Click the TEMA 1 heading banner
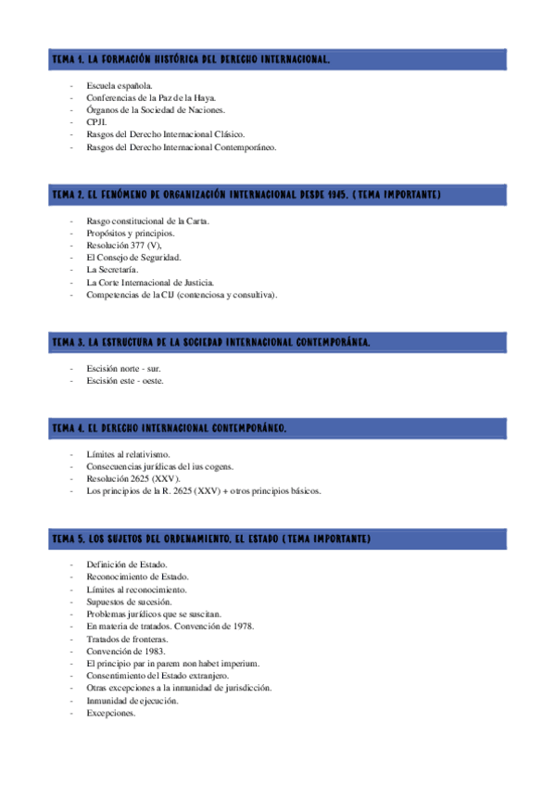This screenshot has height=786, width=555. pyautogui.click(x=277, y=60)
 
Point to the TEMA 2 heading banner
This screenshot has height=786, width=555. pyautogui.click(x=277, y=195)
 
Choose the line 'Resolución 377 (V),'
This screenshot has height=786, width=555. pyautogui.click(x=123, y=246)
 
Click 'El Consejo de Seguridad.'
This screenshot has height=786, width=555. pyautogui.click(x=133, y=258)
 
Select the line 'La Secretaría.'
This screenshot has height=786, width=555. pyautogui.click(x=112, y=270)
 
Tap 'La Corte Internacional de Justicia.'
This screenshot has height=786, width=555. pyautogui.click(x=151, y=282)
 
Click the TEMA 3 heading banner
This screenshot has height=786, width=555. pyautogui.click(x=277, y=342)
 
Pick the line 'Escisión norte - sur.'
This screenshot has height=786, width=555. pyautogui.click(x=123, y=369)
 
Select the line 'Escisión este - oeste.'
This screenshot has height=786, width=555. pyautogui.click(x=125, y=381)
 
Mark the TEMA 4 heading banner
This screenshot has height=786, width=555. pyautogui.click(x=277, y=428)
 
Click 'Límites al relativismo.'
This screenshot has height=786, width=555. pyautogui.click(x=128, y=455)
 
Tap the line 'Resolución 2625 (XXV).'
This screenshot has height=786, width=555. pyautogui.click(x=132, y=479)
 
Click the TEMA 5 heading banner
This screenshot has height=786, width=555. pyautogui.click(x=277, y=538)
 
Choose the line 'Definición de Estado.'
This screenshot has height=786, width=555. pyautogui.click(x=126, y=564)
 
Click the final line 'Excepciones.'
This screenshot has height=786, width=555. pyautogui.click(x=111, y=714)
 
